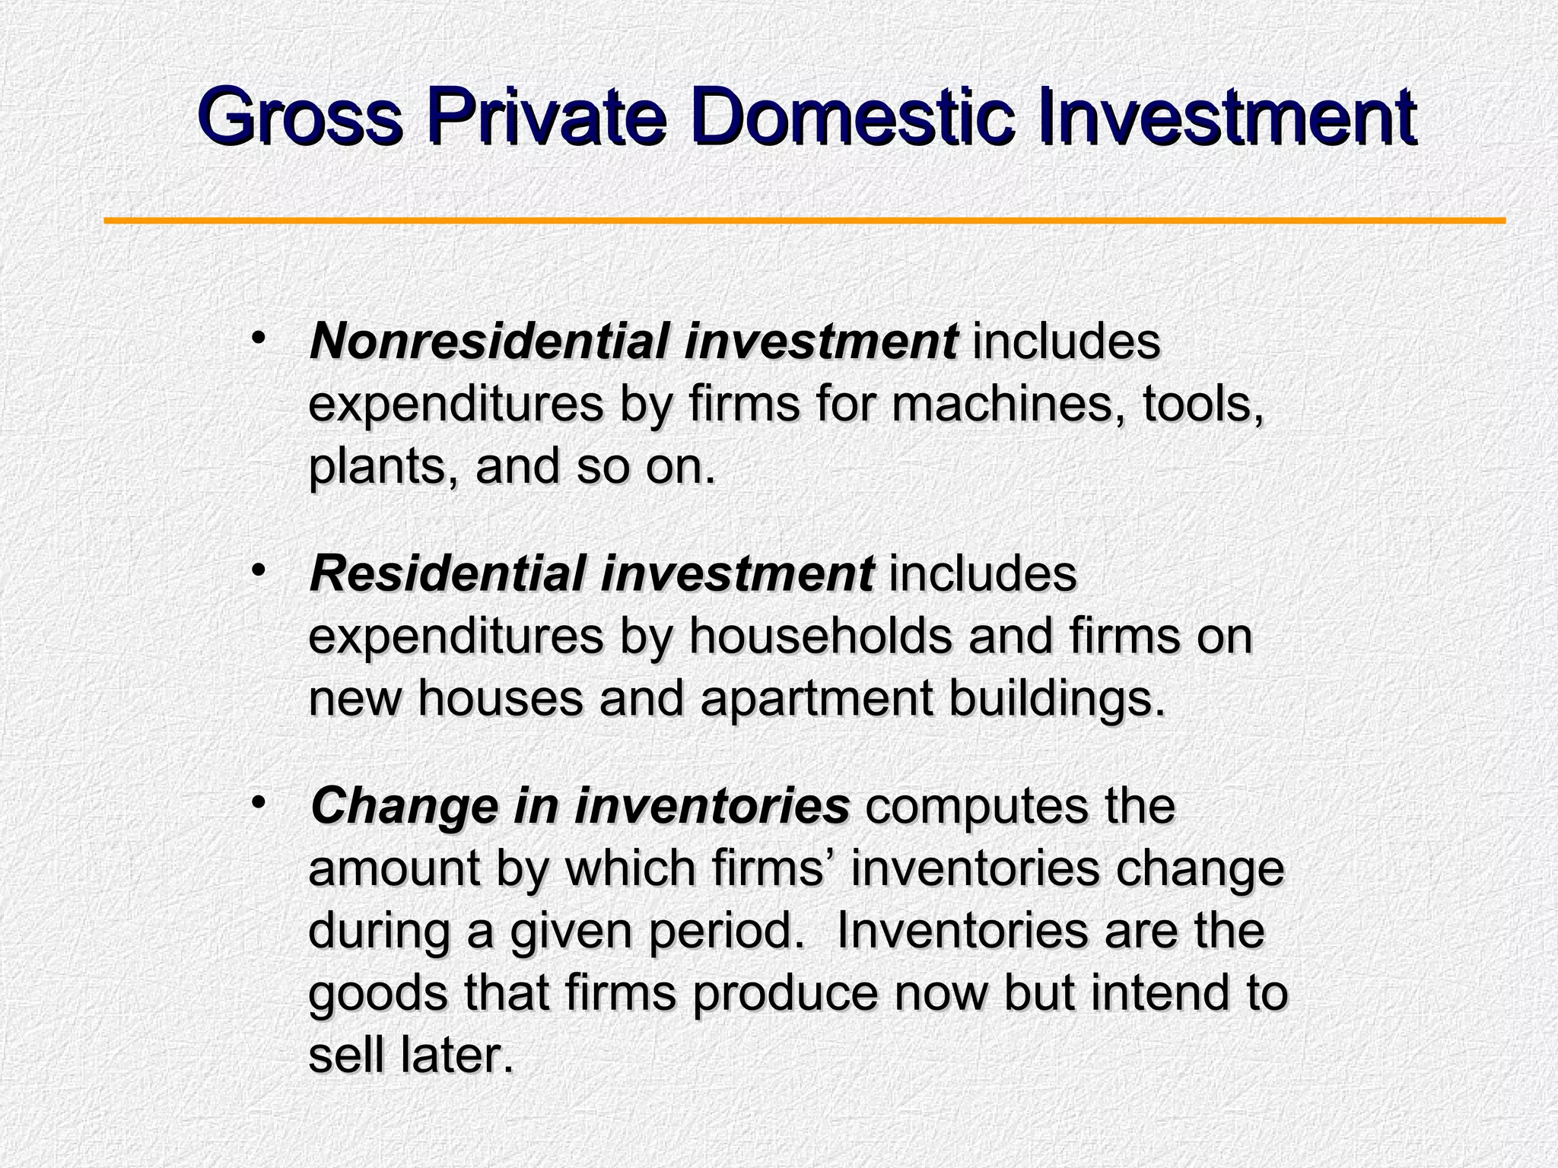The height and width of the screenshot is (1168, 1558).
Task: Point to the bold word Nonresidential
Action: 488,341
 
